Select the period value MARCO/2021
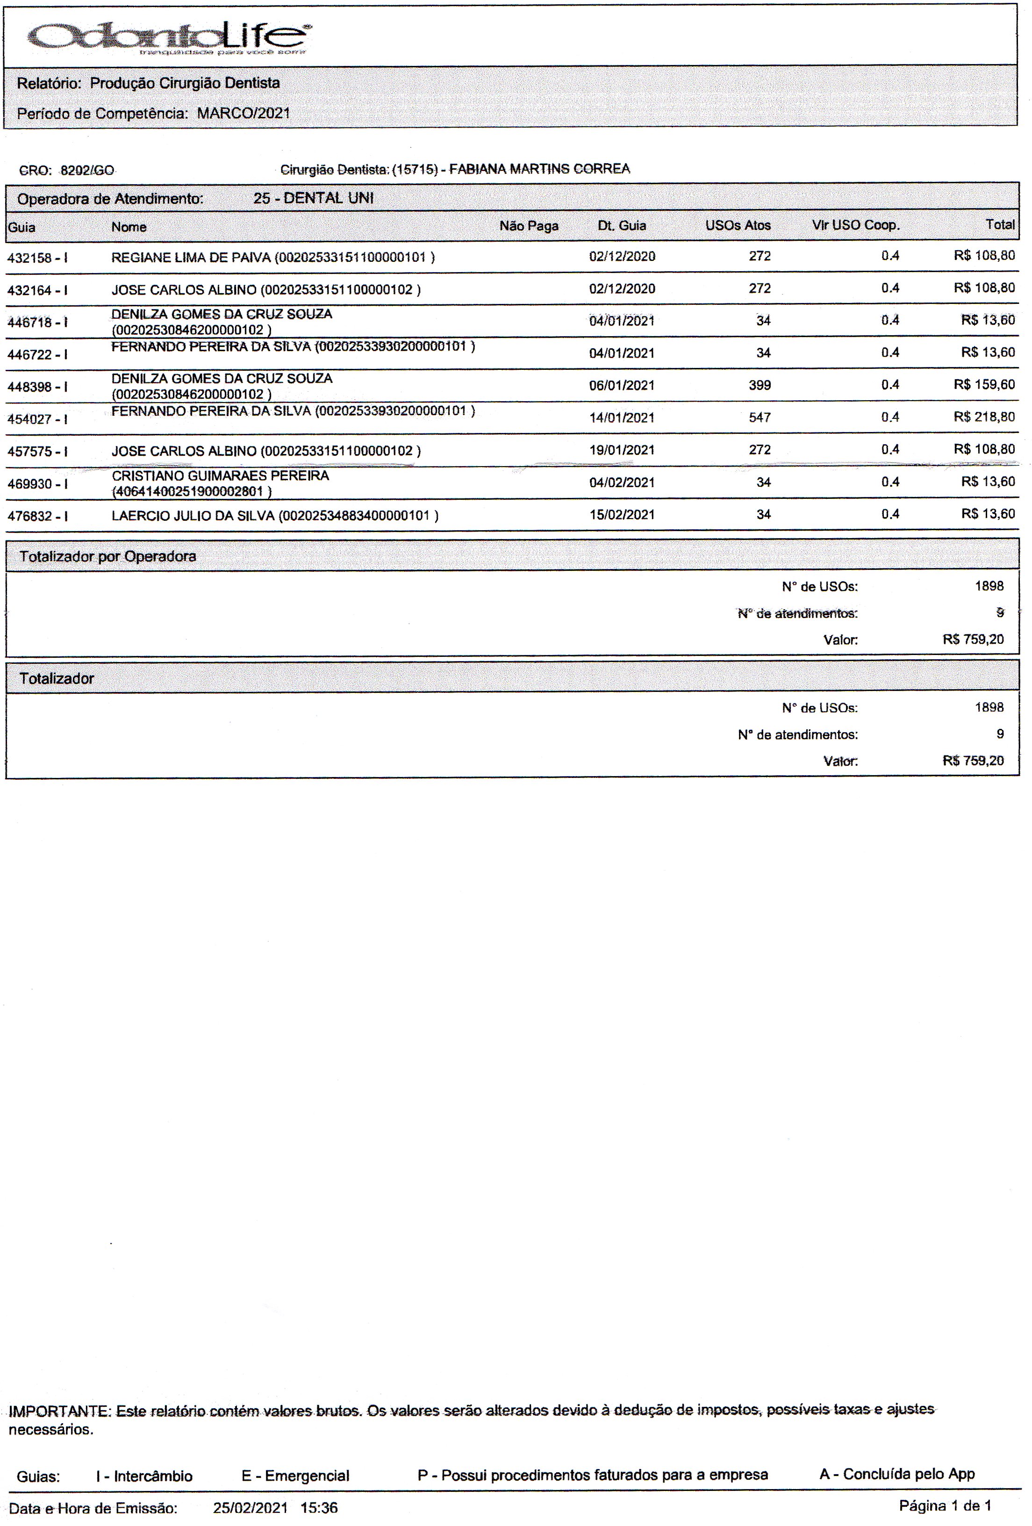[x=244, y=114]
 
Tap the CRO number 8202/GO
[x=87, y=171]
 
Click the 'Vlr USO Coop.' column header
[x=855, y=225]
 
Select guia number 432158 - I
[x=37, y=258]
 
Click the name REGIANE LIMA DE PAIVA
[x=190, y=258]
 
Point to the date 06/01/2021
[x=622, y=385]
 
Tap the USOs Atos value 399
[x=760, y=385]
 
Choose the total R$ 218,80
[x=984, y=417]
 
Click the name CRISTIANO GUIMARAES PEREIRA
[x=220, y=475]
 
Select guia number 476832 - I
[x=37, y=517]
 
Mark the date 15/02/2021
[x=622, y=515]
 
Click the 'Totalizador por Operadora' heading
[x=107, y=557]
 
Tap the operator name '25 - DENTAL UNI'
[x=313, y=198]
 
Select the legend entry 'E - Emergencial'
[x=295, y=1476]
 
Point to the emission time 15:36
[x=319, y=1508]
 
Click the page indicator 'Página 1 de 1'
[x=945, y=1505]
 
